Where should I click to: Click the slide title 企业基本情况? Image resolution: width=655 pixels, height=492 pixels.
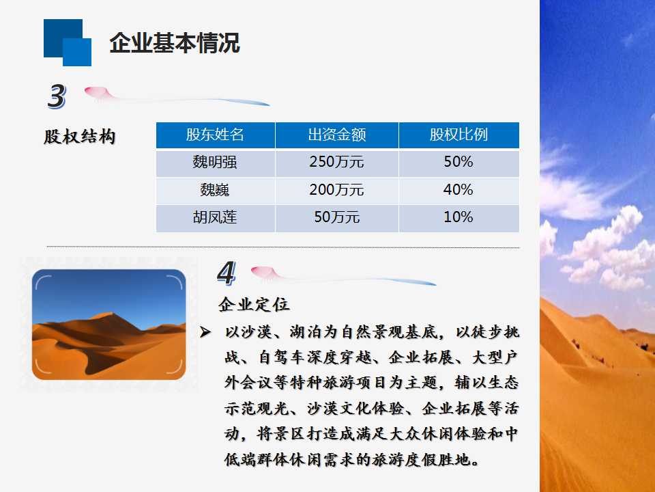coord(175,42)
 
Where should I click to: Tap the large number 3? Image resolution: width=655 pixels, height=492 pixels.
coord(57,96)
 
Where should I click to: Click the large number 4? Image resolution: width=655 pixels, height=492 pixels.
coord(227,273)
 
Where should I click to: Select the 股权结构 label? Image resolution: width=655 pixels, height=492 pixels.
coord(79,137)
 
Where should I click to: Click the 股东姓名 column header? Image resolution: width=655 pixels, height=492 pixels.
coord(215,135)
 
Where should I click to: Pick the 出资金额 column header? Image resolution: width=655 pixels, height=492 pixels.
coord(337,135)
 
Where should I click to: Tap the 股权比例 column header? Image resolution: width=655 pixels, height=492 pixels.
coord(458,135)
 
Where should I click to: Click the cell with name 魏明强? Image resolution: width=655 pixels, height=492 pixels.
coord(215,162)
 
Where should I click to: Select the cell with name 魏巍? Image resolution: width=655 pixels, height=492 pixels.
coord(215,190)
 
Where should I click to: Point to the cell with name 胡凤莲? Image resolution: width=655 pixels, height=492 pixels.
coord(215,217)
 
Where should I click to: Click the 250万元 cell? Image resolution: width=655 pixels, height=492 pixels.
coord(336,162)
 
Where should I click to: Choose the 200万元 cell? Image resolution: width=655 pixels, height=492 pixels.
coord(336,190)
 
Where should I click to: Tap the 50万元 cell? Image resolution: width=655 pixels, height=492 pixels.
coord(336,217)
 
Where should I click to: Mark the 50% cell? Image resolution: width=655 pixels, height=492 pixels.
coord(458,162)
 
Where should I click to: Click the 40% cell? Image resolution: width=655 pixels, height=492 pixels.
coord(458,190)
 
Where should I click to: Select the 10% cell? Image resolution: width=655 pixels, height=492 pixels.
coord(458,217)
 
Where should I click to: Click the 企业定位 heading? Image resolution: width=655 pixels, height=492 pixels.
coord(254,304)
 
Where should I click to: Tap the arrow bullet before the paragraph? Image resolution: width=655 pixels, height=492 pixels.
coord(205,332)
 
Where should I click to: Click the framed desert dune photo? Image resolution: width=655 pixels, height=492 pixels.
coord(108,325)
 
